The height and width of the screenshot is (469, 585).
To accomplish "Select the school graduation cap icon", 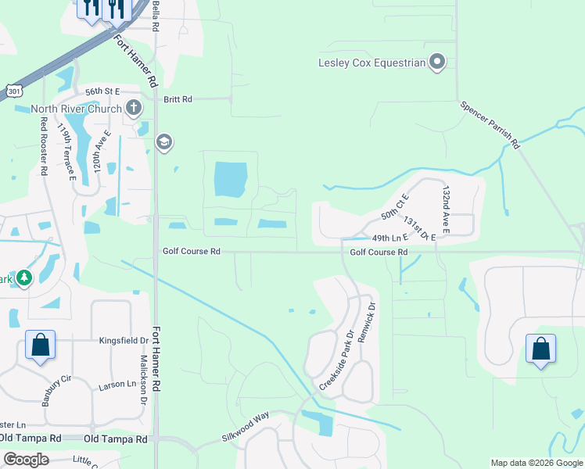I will point(164,142).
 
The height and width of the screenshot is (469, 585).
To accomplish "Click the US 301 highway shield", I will point(13,91).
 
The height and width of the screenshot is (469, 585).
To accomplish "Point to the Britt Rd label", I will point(178,99).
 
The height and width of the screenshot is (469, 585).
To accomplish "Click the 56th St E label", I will point(102,91).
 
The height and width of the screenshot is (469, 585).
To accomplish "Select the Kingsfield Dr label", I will point(124,341).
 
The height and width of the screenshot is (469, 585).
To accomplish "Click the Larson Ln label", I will point(117,386).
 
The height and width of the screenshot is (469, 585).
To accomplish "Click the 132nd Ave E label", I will point(446,209).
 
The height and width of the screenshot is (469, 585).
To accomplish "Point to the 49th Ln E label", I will point(390,238).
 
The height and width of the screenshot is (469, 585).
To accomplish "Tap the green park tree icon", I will point(24,277).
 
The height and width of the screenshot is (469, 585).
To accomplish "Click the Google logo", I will point(26,460).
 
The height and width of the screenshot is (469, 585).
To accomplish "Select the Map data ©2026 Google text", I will point(536,463).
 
